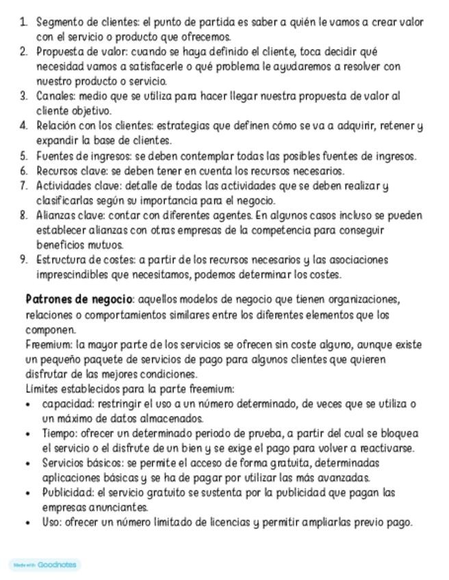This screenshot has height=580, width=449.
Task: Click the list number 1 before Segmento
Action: pyautogui.click(x=23, y=22)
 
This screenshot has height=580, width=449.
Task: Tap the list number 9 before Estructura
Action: pyautogui.click(x=23, y=260)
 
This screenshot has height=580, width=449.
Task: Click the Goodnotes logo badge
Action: pyautogui.click(x=45, y=565)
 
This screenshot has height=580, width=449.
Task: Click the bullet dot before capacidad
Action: pyautogui.click(x=27, y=404)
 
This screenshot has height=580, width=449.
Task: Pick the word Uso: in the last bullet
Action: pyautogui.click(x=51, y=523)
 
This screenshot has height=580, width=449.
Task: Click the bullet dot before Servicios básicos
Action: pyautogui.click(x=27, y=463)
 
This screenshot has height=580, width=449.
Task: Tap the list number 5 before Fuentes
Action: pyautogui.click(x=23, y=156)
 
